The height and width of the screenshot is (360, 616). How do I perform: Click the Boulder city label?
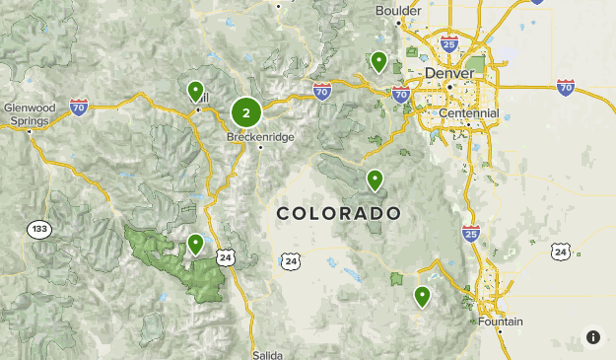pos(398,11)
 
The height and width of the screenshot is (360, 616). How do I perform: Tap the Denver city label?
pos(449,74)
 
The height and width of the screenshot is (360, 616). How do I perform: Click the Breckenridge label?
pos(260,137)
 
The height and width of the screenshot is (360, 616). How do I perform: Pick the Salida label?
pos(267,353)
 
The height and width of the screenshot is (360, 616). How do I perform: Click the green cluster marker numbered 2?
pos(245,112)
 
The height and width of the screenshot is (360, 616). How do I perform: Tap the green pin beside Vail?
pos(195,91)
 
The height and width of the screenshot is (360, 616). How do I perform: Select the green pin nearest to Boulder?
pos(378,61)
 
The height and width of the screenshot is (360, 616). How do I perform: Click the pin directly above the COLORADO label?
pos(375,180)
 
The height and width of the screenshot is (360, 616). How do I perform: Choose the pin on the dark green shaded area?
pos(195,243)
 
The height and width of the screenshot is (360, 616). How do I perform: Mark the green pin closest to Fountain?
pos(423,295)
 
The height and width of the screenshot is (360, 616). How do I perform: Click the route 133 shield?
pos(38,229)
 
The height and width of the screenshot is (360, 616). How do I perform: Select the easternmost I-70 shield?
pos(566,88)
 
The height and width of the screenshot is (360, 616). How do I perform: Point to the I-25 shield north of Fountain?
pos(471,233)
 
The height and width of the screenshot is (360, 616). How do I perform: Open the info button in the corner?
pos(592,337)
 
